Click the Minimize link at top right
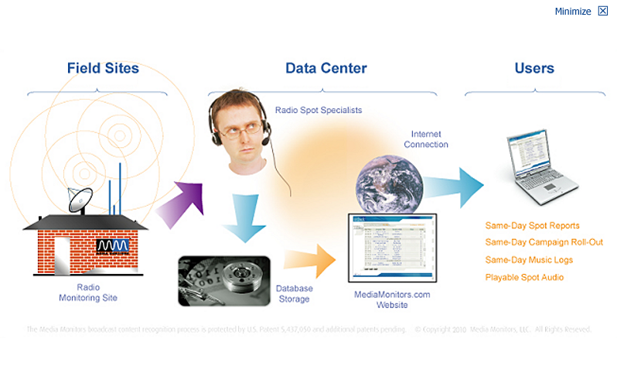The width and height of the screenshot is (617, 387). [573, 12]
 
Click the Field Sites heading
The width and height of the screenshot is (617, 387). [103, 68]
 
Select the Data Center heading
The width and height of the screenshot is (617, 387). [326, 68]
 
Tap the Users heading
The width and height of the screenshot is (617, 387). [534, 68]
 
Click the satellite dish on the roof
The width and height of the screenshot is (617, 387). [80, 199]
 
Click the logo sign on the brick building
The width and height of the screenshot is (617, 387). [113, 247]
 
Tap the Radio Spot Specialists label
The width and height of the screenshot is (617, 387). [319, 110]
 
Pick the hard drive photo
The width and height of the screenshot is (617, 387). [224, 280]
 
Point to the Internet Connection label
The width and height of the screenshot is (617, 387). [425, 139]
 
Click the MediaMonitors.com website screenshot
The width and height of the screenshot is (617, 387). [394, 248]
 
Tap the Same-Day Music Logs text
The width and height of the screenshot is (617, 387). [529, 260]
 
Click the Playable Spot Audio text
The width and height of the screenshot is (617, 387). [524, 277]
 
